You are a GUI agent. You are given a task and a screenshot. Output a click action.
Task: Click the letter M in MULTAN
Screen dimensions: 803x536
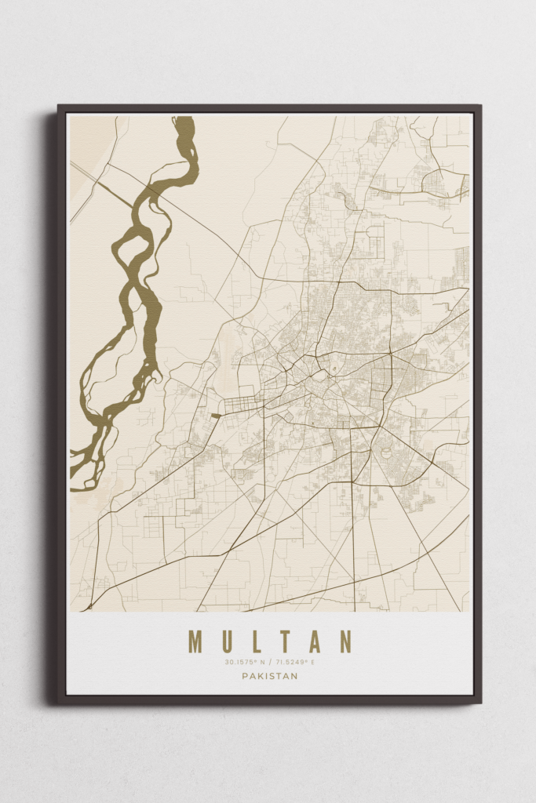(x=195, y=641)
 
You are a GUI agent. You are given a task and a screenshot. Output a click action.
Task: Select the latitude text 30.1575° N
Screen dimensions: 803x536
(x=245, y=663)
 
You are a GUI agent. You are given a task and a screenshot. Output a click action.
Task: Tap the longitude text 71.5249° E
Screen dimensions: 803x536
(x=294, y=663)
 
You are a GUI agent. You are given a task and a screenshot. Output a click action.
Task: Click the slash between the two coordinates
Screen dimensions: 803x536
(x=269, y=663)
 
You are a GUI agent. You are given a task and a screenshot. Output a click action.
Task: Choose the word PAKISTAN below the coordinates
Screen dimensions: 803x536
(x=269, y=676)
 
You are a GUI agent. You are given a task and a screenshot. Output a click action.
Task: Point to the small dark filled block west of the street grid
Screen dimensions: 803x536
(x=215, y=415)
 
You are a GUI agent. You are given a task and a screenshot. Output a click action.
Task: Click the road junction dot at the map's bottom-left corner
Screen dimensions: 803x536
(x=90, y=606)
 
